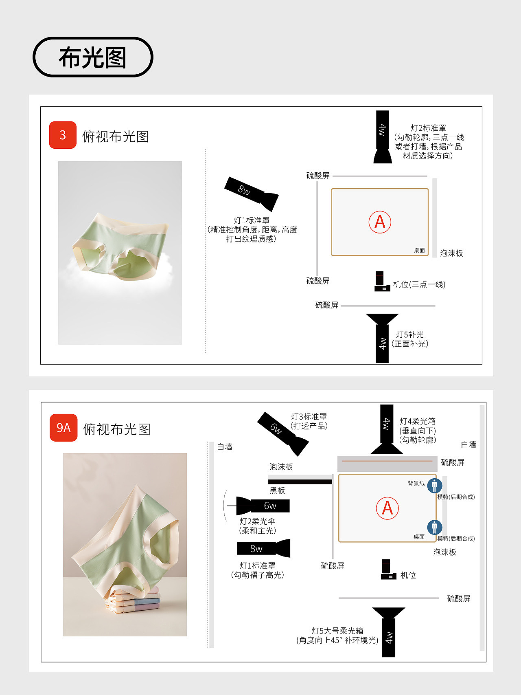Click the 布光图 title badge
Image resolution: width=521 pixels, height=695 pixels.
[93, 57]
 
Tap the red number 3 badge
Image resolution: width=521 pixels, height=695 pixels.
[63, 135]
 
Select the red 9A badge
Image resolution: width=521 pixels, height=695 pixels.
[63, 428]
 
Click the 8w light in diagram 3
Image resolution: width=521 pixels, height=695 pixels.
[252, 194]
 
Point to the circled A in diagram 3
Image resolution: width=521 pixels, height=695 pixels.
[380, 222]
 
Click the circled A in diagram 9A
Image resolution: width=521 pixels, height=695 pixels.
[387, 508]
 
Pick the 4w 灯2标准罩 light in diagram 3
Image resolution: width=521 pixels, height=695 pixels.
[383, 137]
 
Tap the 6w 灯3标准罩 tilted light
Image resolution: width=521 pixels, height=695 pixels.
[283, 433]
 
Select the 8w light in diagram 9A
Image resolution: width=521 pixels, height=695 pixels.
[264, 548]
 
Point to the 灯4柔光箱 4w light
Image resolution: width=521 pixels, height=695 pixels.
[387, 429]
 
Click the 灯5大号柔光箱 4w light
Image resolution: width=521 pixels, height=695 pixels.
[389, 632]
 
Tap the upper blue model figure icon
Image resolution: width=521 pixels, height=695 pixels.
[435, 486]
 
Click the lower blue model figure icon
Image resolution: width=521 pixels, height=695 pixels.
[435, 527]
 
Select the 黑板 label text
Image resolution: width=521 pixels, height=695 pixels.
[277, 490]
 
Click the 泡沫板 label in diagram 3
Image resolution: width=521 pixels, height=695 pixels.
[451, 253]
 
